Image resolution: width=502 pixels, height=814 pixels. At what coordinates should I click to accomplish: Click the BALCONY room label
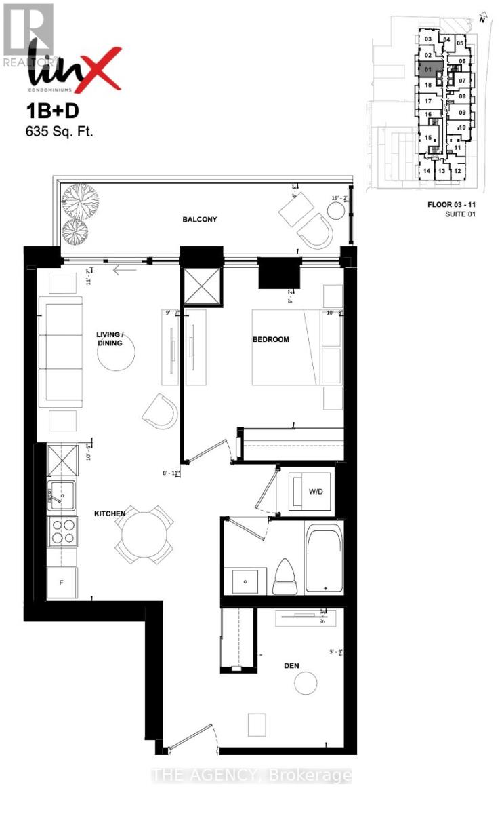click(x=199, y=220)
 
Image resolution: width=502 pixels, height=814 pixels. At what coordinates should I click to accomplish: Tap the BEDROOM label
click(x=271, y=339)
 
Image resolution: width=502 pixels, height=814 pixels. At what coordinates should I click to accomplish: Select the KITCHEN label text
click(x=110, y=514)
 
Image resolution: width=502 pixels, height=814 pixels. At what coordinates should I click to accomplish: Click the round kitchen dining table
click(x=144, y=535)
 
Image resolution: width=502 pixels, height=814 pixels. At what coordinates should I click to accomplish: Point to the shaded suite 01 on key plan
click(x=428, y=69)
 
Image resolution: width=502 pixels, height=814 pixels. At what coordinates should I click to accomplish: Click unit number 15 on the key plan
click(x=427, y=138)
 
